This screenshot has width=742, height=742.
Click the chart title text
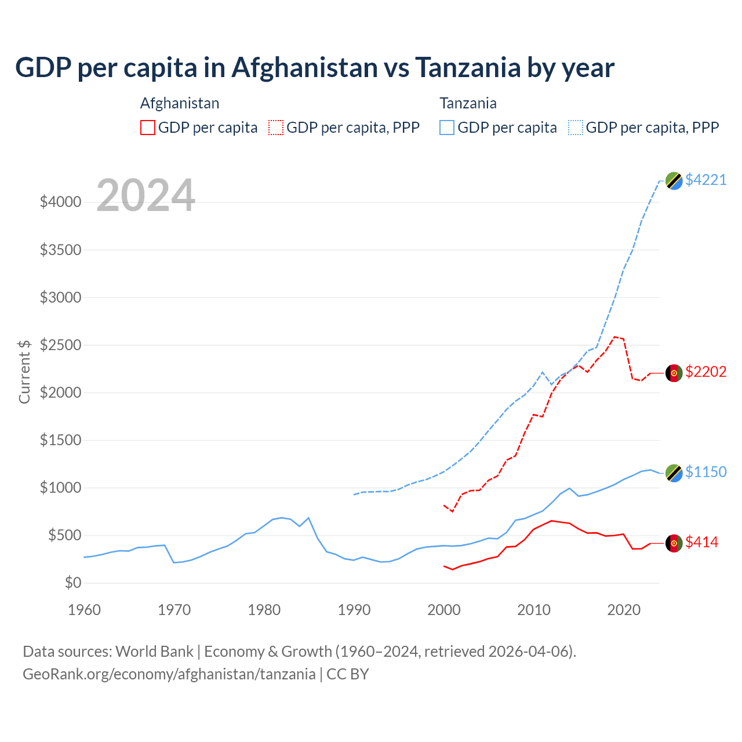point(315,68)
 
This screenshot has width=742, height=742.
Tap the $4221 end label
point(705,180)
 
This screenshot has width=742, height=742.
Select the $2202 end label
point(705,372)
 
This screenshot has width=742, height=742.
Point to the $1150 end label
point(705,472)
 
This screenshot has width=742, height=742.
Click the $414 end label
point(701,542)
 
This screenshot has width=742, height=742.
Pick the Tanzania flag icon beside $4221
point(674,181)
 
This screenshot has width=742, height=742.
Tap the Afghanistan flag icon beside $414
point(674,543)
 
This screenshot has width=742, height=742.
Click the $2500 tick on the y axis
point(60,345)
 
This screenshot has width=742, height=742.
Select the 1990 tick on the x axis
point(354,610)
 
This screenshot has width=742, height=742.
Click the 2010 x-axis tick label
point(534,610)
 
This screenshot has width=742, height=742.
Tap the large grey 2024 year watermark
point(146,195)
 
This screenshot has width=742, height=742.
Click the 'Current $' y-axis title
point(24,372)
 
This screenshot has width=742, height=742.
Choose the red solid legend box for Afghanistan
point(148,128)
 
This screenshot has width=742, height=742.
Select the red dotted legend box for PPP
point(276,128)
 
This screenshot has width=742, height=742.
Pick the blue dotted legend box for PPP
point(576,128)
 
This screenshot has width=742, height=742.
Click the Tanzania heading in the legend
point(468,103)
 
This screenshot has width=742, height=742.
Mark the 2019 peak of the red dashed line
point(615,337)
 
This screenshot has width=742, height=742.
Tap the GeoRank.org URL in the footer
point(169,674)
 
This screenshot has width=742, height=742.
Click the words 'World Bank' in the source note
point(154,652)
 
